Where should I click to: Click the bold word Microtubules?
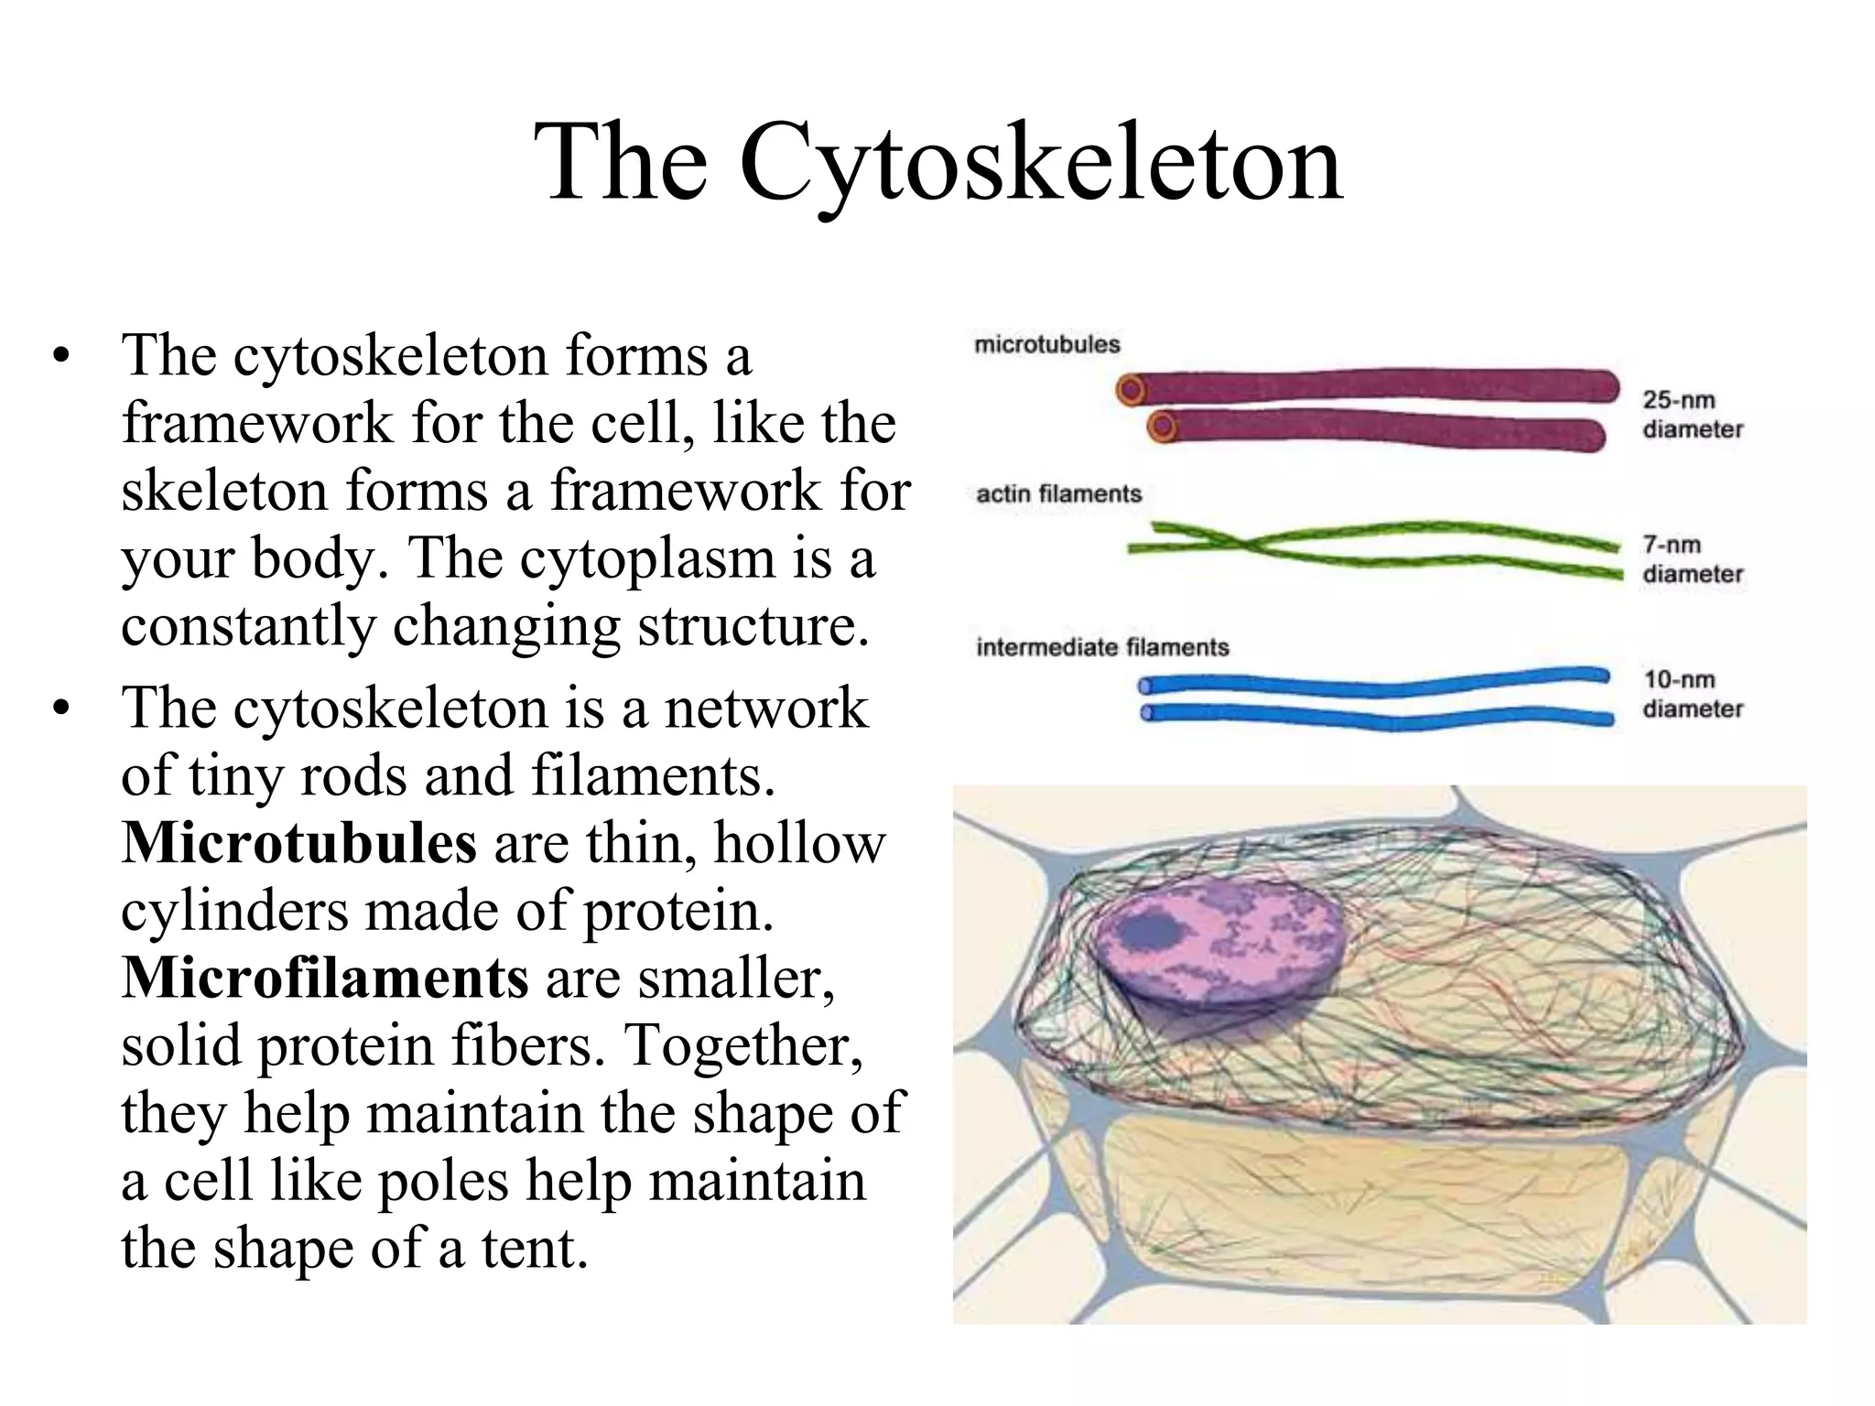298,843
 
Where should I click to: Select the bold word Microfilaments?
325,979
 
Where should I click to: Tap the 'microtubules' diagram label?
1046,345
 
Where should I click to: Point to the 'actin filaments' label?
1058,494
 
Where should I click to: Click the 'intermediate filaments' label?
1102,648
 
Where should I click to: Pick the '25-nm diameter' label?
1692,415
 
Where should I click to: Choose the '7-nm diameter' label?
1692,559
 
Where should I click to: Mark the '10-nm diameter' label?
1692,694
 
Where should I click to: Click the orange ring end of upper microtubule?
1133,391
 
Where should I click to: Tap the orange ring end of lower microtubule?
1163,427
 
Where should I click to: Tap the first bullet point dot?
61,357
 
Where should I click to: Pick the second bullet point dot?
61,709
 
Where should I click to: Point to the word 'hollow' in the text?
799,843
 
